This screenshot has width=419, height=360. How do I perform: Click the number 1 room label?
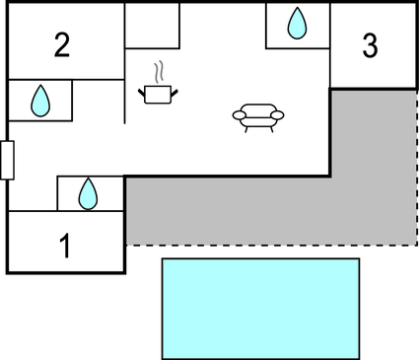coord(66,245)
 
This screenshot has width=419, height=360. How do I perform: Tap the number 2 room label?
coord(62,43)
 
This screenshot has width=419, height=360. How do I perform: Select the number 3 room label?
coord(370,44)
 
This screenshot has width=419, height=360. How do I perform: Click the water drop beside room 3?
coord(297,23)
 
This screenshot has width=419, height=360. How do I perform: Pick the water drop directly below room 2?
coord(40,100)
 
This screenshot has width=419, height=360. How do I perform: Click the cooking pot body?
coord(158,95)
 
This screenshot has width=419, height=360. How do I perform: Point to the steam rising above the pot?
coord(158,73)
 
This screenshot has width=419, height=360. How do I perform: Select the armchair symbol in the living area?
coord(257,116)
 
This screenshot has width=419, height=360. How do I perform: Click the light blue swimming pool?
coord(260,308)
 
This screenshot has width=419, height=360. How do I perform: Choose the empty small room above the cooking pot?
coord(152,25)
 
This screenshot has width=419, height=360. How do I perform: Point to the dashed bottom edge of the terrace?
coord(266,245)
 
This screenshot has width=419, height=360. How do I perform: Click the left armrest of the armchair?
coord(239,116)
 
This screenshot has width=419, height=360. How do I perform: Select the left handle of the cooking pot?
coord(143,91)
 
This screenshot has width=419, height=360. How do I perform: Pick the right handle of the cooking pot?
coord(174,91)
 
